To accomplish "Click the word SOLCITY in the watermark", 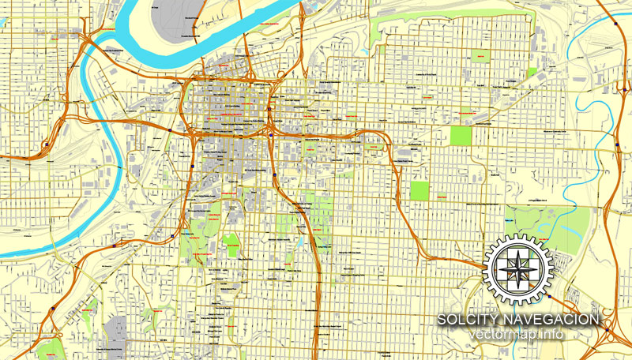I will click(x=466, y=319).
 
